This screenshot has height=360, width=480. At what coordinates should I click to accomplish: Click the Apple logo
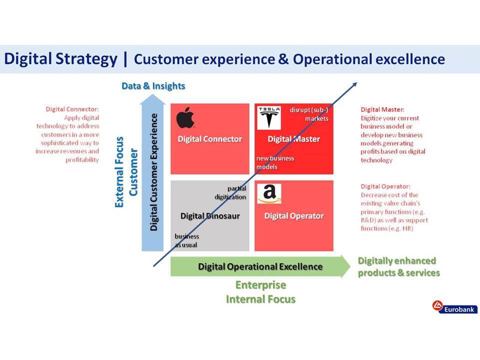[x=185, y=118]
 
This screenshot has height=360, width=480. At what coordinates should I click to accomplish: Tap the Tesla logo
[x=269, y=118]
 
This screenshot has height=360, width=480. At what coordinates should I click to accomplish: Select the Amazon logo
[x=269, y=193]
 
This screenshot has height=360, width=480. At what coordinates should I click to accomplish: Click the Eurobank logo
[x=455, y=307]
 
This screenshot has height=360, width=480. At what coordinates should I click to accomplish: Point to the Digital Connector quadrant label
[x=210, y=139]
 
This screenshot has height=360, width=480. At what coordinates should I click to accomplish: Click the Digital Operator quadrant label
[x=294, y=216]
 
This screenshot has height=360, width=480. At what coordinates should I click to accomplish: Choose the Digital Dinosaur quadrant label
[x=210, y=216]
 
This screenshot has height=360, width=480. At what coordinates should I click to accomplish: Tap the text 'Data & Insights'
[x=153, y=86]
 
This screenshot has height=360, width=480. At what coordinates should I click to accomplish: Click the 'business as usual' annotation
[x=186, y=240]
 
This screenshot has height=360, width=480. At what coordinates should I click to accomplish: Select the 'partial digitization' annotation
[x=230, y=192]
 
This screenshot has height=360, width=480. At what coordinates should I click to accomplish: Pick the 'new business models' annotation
[x=275, y=162]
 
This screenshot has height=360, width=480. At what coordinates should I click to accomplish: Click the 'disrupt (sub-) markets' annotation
[x=309, y=114]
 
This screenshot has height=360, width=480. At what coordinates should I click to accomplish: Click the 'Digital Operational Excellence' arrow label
[x=260, y=266]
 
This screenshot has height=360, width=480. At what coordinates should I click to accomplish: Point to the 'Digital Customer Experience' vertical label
[x=153, y=172]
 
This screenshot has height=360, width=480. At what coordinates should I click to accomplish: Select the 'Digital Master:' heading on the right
[x=382, y=109]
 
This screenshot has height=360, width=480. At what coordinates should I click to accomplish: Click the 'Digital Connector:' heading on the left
[x=72, y=109]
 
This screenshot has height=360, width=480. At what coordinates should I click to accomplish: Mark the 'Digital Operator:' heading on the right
[x=385, y=186]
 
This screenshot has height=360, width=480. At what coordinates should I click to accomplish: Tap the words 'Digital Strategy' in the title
[x=60, y=59]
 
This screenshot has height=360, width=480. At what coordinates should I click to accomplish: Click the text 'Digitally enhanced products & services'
[x=399, y=266]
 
